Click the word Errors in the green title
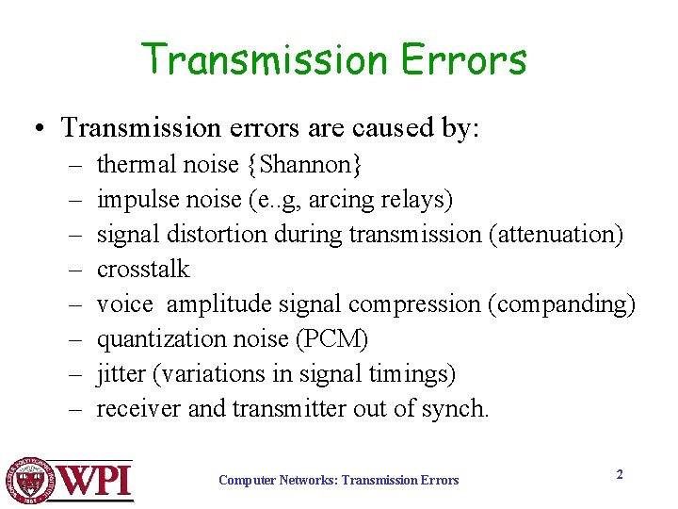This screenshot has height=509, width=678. pos(464,59)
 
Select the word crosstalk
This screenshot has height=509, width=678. pos(143,270)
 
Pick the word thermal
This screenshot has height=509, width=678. pos(133,165)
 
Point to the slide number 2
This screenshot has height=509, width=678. pos(620,474)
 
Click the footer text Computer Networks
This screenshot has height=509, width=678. pos(276,481)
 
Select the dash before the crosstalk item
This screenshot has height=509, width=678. pos(74,270)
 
